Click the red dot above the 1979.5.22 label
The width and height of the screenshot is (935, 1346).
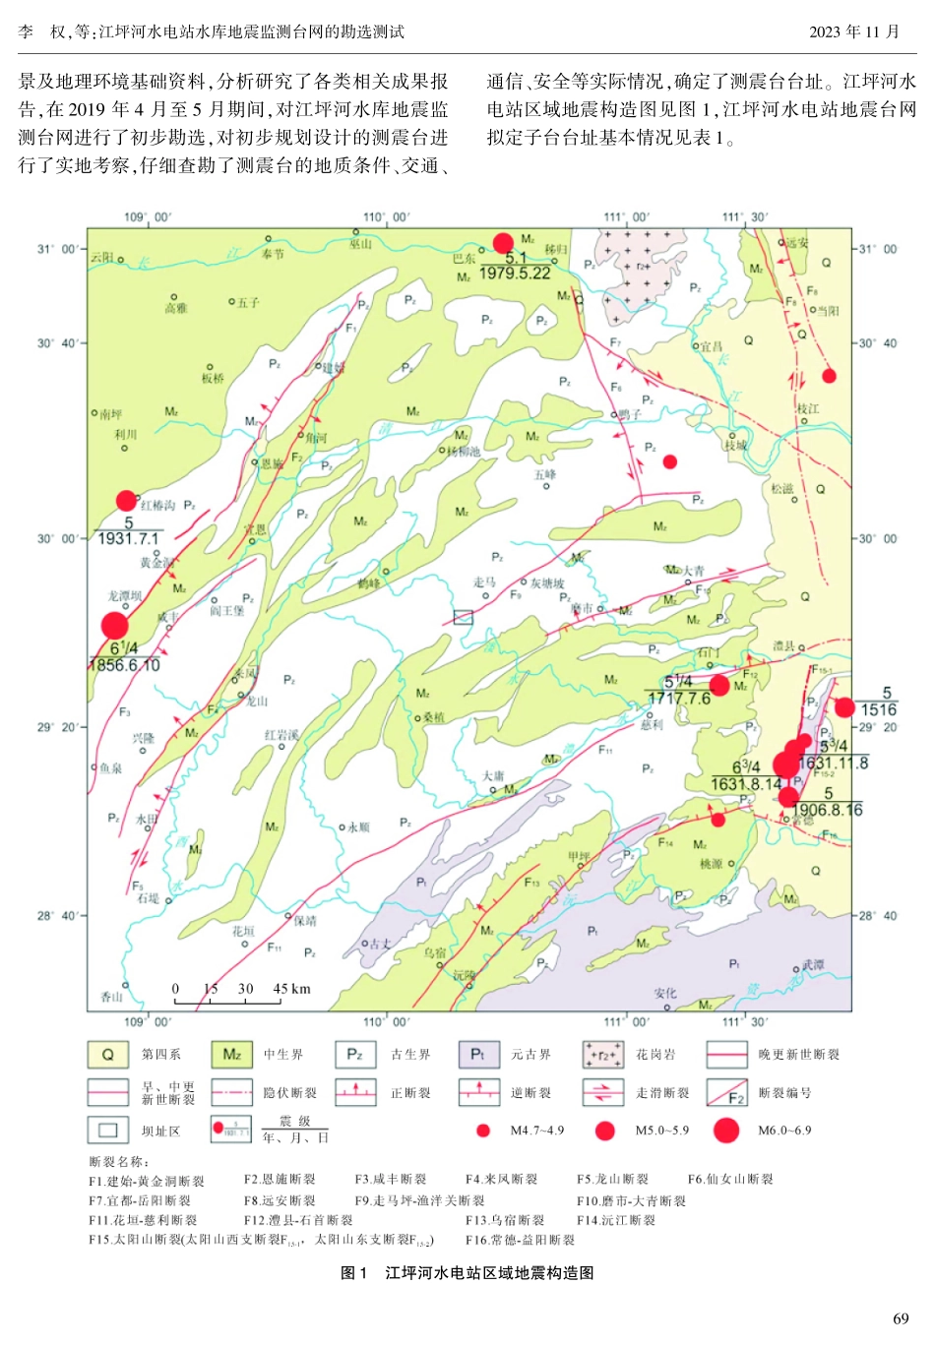pos(503,243)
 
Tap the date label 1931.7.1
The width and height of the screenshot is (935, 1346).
pos(128,539)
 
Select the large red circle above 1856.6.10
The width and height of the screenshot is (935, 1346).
pos(115,626)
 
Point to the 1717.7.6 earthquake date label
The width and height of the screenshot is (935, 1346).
pos(679,699)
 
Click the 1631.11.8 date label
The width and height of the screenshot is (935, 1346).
pos(833,763)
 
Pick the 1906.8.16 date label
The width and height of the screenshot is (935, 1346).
pos(827,810)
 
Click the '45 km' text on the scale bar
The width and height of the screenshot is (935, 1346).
pos(291,989)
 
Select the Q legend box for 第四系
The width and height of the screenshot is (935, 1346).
pos(108,1055)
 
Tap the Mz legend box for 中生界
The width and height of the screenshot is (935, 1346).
pos(231,1055)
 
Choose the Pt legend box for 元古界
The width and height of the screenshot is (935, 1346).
pos(478,1055)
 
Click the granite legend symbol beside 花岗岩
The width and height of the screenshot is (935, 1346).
pos(602,1055)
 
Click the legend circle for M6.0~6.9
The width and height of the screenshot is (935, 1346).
pos(726,1131)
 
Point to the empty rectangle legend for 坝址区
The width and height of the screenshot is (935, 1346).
pos(108,1131)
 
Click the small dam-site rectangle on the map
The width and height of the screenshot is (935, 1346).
pos(463,617)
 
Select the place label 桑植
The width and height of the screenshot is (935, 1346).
pos(434,717)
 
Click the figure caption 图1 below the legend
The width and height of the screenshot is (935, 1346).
pos(467,1273)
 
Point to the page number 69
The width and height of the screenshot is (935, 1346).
pos(901,1318)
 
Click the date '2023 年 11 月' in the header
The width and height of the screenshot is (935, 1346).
pos(854,31)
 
